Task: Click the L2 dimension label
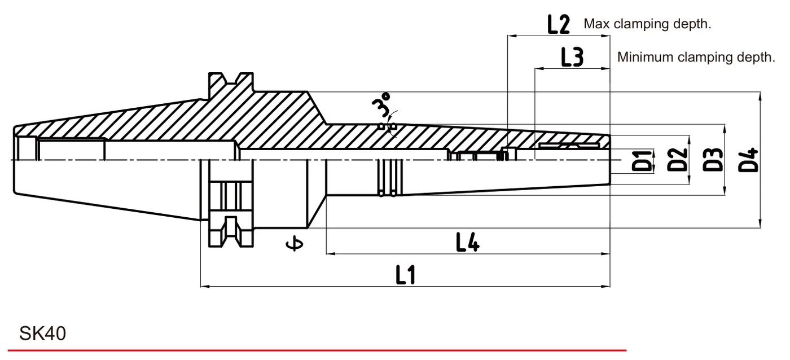pos(558,24)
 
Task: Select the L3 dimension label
pos(572,58)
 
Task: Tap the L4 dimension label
pos(468,242)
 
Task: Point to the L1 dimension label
pos(406,275)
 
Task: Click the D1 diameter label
pos(642,160)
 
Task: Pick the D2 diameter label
pos(678,160)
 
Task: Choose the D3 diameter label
pos(713,160)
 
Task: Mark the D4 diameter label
pos(748,160)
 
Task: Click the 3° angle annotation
pos(381,105)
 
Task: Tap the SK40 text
pos(43,333)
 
